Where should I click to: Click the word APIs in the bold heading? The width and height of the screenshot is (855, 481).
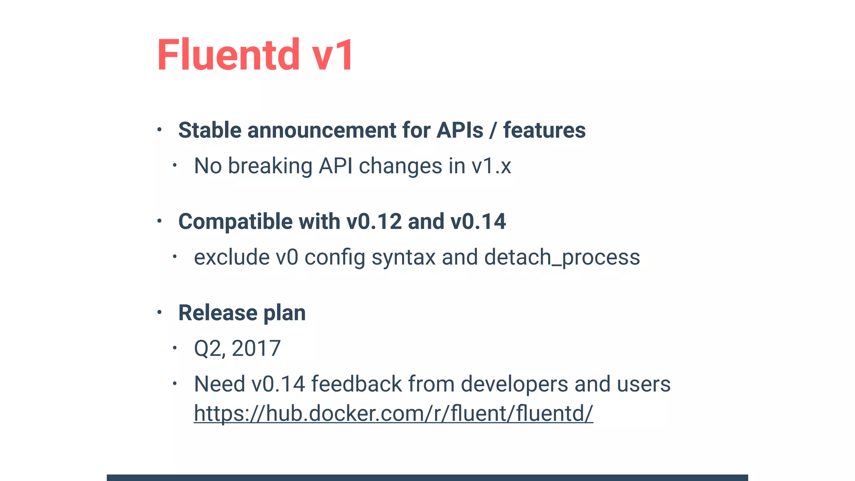pyautogui.click(x=460, y=130)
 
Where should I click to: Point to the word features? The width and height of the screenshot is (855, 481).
pyautogui.click(x=544, y=130)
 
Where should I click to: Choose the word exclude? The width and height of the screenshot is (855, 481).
pyautogui.click(x=232, y=257)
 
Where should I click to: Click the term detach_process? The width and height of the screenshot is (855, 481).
pyautogui.click(x=562, y=257)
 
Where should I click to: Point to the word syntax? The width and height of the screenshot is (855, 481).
pyautogui.click(x=403, y=257)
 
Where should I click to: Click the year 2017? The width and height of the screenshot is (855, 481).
pyautogui.click(x=256, y=348)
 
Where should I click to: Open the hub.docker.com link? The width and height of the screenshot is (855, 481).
pyautogui.click(x=393, y=413)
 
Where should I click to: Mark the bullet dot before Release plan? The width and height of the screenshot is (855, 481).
pyautogui.click(x=159, y=312)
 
